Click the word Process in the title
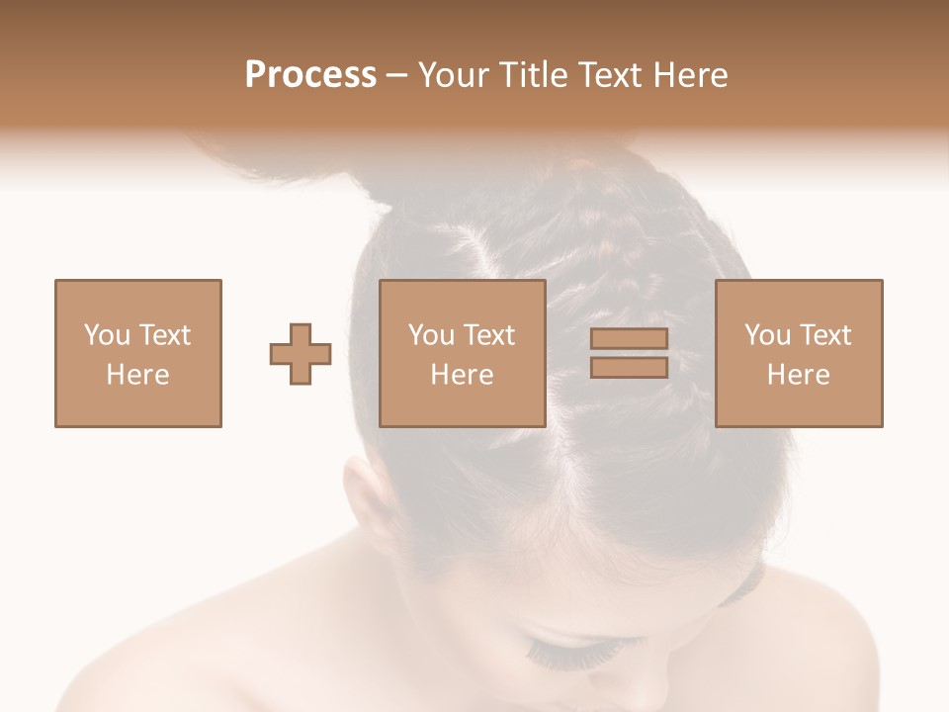pos(310,75)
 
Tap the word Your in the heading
pos(453,75)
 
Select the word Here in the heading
pos(689,75)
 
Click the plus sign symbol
pos(301,354)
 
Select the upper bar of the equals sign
pos(629,338)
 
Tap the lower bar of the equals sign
pos(629,368)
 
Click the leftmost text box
pos(138,353)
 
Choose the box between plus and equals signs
pos(463,353)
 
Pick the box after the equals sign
pos(799,353)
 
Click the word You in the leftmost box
pos(107,335)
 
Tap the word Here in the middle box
pos(463,375)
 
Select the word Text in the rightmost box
pos(824,335)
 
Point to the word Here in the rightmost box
pos(799,375)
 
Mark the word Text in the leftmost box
pos(164,335)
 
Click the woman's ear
pos(367,494)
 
